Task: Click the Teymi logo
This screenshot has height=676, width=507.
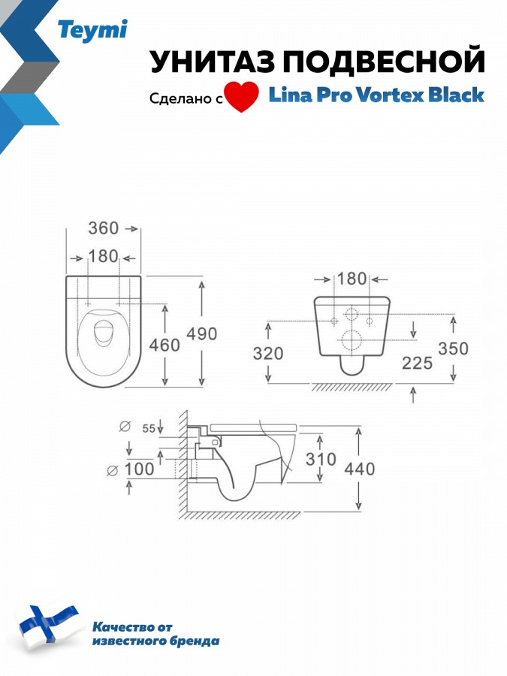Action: pos(92,31)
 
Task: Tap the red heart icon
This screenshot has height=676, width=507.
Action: pos(242,98)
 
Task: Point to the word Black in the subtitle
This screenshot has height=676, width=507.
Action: pos(456,95)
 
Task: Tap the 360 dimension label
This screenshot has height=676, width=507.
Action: pos(104,228)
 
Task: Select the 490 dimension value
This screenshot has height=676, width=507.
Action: pos(202,333)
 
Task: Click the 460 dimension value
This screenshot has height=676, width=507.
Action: pos(164,345)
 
